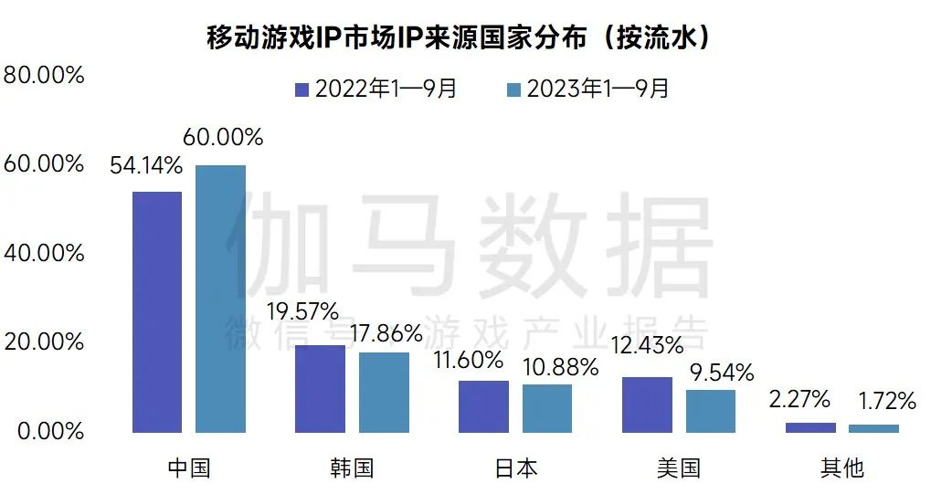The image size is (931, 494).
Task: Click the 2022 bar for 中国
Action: coord(157,312)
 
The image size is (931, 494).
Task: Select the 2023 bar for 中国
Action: coord(220,299)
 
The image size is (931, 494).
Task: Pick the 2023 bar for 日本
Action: coord(546,408)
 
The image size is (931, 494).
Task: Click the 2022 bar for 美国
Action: coord(647,405)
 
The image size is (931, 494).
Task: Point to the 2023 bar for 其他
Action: coord(873,428)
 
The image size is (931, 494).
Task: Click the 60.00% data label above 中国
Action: coord(223,138)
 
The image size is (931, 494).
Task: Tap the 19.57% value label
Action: coord(302,311)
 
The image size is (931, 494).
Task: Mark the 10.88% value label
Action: coord(560,367)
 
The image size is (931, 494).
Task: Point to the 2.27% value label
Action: coord(799,399)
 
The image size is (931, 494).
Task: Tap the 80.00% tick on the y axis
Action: coord(44,75)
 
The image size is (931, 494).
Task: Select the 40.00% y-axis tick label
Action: coord(44,253)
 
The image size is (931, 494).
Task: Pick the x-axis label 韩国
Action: coord(352,468)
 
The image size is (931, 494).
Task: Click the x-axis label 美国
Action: coord(678,468)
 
